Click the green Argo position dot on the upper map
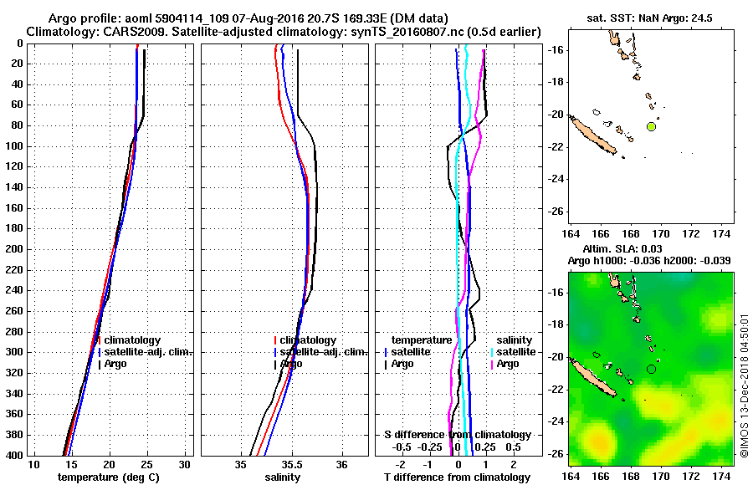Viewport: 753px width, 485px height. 651,126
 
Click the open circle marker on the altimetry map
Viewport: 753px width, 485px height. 651,369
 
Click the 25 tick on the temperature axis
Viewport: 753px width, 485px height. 147,465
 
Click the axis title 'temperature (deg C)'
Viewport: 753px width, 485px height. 108,477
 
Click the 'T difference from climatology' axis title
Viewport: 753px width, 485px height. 458,477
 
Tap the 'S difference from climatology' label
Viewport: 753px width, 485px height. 458,435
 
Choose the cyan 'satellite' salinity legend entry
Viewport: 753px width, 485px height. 516,352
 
